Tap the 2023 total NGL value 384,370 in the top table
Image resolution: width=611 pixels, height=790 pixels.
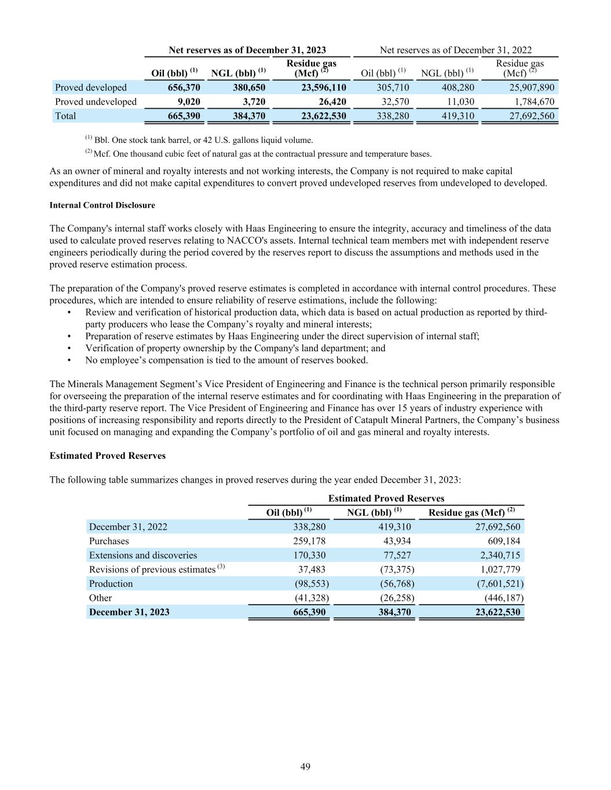[246, 116]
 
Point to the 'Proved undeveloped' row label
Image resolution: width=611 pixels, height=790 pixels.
[96, 102]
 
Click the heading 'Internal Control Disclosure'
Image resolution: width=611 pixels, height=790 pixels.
[103, 205]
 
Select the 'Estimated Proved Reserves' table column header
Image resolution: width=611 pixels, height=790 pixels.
[386, 498]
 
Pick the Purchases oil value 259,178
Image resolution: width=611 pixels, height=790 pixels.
[309, 541]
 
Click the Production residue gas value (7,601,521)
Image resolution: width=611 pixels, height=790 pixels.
[496, 584]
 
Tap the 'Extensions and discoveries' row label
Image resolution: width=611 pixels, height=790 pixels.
[142, 556]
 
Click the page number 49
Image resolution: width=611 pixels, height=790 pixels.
[306, 767]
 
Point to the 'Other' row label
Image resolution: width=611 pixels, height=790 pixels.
[100, 598]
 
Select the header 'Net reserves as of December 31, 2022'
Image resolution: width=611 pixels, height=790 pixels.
[455, 50]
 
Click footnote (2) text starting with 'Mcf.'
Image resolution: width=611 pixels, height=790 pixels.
[262, 154]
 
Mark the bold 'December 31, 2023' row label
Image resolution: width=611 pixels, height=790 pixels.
[129, 612]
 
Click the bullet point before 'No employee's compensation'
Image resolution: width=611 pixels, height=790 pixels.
[69, 360]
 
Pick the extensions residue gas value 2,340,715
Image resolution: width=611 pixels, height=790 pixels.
[496, 556]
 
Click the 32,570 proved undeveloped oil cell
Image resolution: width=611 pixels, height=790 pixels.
[394, 102]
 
